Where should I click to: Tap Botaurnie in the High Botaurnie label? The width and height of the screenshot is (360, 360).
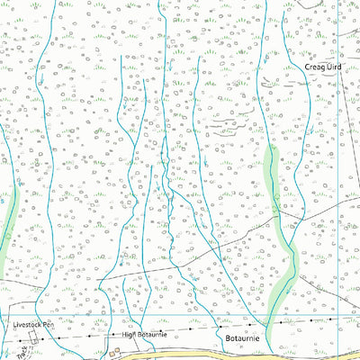click(148, 335)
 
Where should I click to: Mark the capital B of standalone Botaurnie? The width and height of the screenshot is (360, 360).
click(227, 337)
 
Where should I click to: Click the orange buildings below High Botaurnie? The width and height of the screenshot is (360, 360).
click(117, 352)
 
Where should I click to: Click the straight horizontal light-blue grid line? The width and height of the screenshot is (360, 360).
click(180, 317)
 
